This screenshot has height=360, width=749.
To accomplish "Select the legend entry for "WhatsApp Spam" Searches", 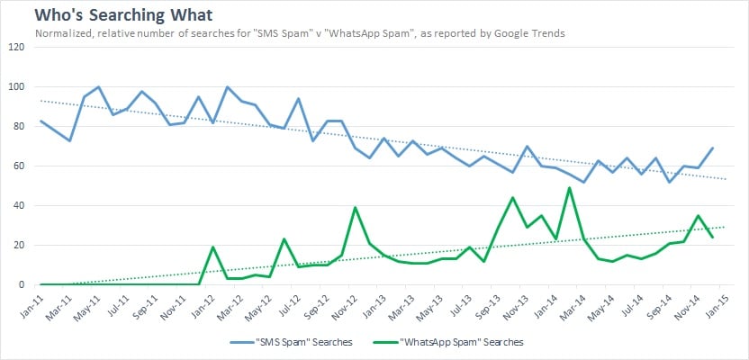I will coord(460,343).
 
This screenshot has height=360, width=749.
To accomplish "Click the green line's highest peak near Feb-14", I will coord(570,188).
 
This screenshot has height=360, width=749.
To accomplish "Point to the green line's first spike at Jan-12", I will coord(212,247).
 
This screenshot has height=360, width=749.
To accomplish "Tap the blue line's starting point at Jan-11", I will coord(41,121).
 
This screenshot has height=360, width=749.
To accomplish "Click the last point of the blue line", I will coord(713,148).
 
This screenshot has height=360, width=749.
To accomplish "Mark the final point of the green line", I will coord(713,238).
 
